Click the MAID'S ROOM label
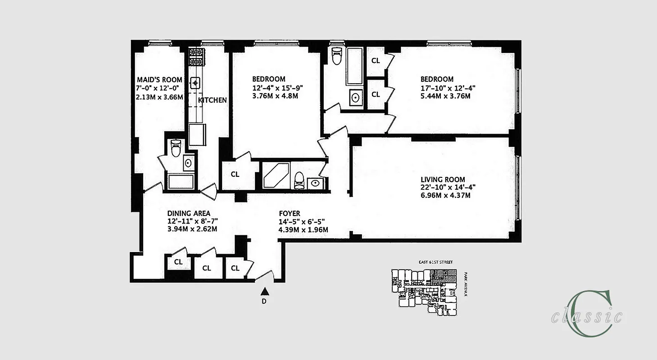(159, 80)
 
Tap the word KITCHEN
(212, 100)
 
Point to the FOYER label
(289, 213)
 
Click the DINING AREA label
(189, 213)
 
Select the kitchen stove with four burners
(196, 57)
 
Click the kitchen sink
(195, 82)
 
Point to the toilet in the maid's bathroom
(176, 147)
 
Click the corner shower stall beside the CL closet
(275, 175)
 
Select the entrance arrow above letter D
(264, 291)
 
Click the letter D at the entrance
(264, 301)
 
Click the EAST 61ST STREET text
(433, 262)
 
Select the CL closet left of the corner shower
(235, 174)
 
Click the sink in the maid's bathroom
(188, 162)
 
